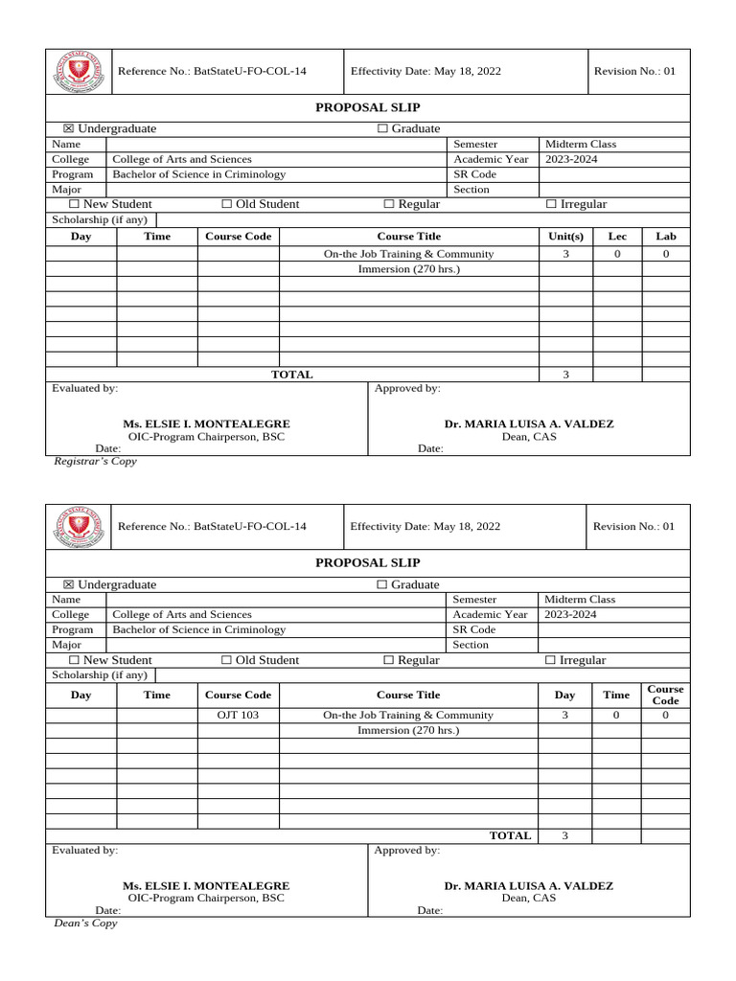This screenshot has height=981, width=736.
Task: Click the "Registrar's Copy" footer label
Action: click(94, 461)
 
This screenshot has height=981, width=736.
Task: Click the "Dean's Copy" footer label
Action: click(85, 924)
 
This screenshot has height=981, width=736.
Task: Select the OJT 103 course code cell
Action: click(238, 715)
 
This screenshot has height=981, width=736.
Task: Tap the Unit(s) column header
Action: click(565, 236)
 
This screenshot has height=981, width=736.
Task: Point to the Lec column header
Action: click(617, 236)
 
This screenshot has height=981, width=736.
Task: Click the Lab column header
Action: click(666, 236)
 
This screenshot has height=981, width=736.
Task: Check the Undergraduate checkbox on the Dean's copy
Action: click(68, 584)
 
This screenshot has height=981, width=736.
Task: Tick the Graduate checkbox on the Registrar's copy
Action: click(382, 128)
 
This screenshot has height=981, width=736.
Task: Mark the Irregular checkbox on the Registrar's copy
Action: click(551, 204)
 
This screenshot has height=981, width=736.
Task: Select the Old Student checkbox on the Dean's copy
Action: click(227, 660)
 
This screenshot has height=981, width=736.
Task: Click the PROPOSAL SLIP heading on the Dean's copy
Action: click(367, 562)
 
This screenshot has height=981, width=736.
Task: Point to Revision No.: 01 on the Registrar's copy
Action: click(634, 72)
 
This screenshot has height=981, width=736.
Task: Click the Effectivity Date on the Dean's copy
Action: click(425, 526)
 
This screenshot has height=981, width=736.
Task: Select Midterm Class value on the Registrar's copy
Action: click(580, 144)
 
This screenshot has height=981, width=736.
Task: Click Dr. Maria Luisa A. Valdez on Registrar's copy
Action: click(528, 423)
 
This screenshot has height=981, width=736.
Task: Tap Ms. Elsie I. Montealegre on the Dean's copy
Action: click(206, 886)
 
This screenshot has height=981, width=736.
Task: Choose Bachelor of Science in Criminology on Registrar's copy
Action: click(199, 174)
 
